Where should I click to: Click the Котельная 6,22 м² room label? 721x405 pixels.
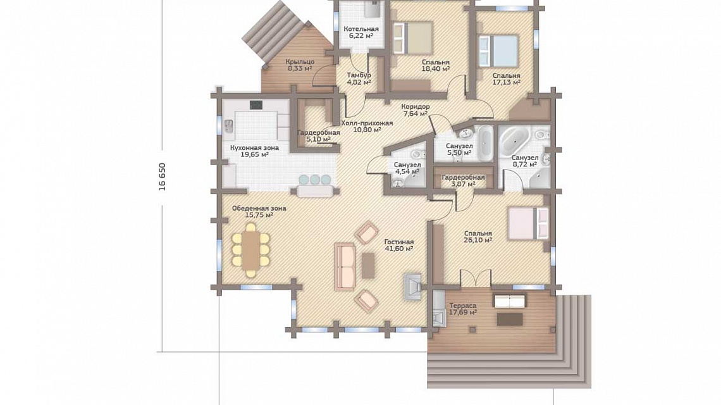point(361,32)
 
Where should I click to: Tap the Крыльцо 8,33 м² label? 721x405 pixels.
point(300,65)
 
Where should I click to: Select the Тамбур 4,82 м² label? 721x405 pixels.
point(359,78)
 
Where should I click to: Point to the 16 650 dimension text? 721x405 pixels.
point(162,177)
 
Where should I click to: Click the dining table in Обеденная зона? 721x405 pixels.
point(251,251)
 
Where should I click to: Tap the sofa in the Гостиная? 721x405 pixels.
point(345,267)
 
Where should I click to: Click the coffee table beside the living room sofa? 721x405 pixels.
point(368,266)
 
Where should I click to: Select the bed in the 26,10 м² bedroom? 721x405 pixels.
point(528,223)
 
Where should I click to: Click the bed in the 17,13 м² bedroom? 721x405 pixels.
point(499,50)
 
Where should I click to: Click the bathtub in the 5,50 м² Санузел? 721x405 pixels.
point(486,142)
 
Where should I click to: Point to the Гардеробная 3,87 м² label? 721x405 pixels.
point(463,181)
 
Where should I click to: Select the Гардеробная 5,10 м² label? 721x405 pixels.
point(319,136)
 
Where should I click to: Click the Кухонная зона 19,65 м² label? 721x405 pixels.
point(254,151)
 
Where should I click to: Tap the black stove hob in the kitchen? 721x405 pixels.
point(256,105)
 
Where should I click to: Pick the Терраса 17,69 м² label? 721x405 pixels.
point(462,309)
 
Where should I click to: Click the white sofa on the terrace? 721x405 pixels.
point(510,301)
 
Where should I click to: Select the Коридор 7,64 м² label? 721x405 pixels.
point(416,109)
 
